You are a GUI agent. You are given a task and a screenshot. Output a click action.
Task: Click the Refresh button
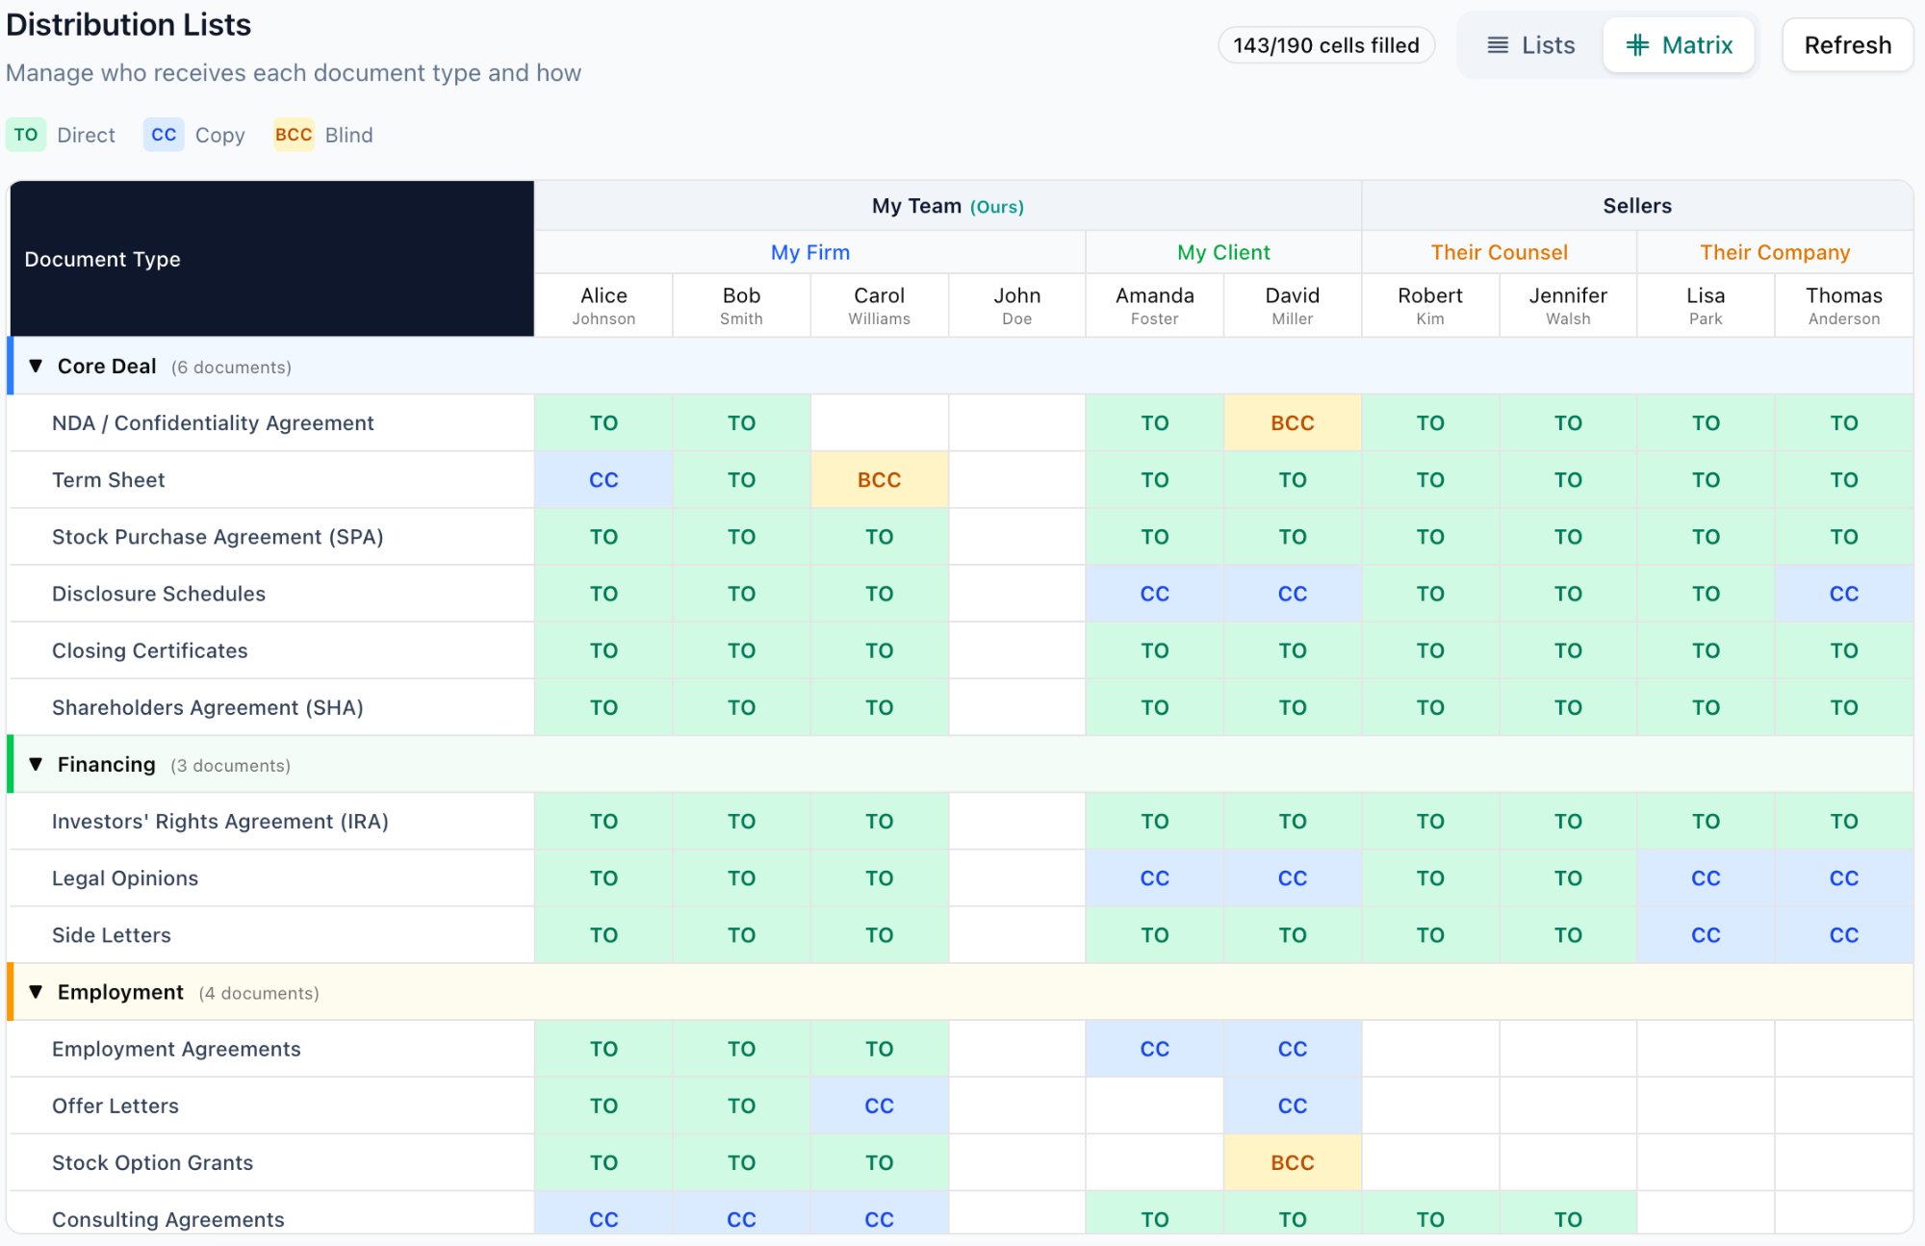[x=1847, y=45]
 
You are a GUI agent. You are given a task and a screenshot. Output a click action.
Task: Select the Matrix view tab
[x=1679, y=45]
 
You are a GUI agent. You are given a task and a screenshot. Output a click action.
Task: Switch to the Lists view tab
[x=1530, y=45]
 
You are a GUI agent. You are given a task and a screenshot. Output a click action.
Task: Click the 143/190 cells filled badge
[x=1325, y=45]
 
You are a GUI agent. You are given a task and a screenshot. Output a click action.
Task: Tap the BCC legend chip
[x=294, y=135]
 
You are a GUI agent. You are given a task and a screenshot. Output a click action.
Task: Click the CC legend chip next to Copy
[x=164, y=135]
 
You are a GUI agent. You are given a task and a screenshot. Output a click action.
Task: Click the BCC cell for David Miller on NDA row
[x=1292, y=423]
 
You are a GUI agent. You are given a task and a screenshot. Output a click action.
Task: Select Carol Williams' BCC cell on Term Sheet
[x=879, y=480]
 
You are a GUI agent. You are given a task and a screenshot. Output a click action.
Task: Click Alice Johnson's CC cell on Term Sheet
[x=603, y=480]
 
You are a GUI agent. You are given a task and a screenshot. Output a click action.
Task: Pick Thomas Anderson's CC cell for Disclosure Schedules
[x=1843, y=594]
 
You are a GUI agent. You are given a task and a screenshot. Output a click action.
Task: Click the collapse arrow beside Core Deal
[x=36, y=367]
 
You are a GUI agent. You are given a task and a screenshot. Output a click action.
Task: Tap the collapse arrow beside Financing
[x=36, y=765]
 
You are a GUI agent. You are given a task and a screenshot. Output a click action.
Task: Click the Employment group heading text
[x=120, y=992]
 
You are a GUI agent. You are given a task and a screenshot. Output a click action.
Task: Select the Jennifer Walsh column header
[x=1568, y=305]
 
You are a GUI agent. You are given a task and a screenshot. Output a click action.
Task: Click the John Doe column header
[x=1016, y=305]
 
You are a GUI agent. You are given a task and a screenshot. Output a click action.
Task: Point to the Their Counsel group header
[x=1499, y=252]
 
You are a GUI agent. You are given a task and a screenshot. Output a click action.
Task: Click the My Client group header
[x=1223, y=252]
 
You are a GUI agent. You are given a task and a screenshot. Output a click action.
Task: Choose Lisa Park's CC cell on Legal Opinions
[x=1706, y=878]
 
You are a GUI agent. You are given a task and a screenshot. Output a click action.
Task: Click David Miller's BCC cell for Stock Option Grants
[x=1292, y=1162]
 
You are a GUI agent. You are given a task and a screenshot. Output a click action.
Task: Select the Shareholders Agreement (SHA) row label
[x=208, y=708]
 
